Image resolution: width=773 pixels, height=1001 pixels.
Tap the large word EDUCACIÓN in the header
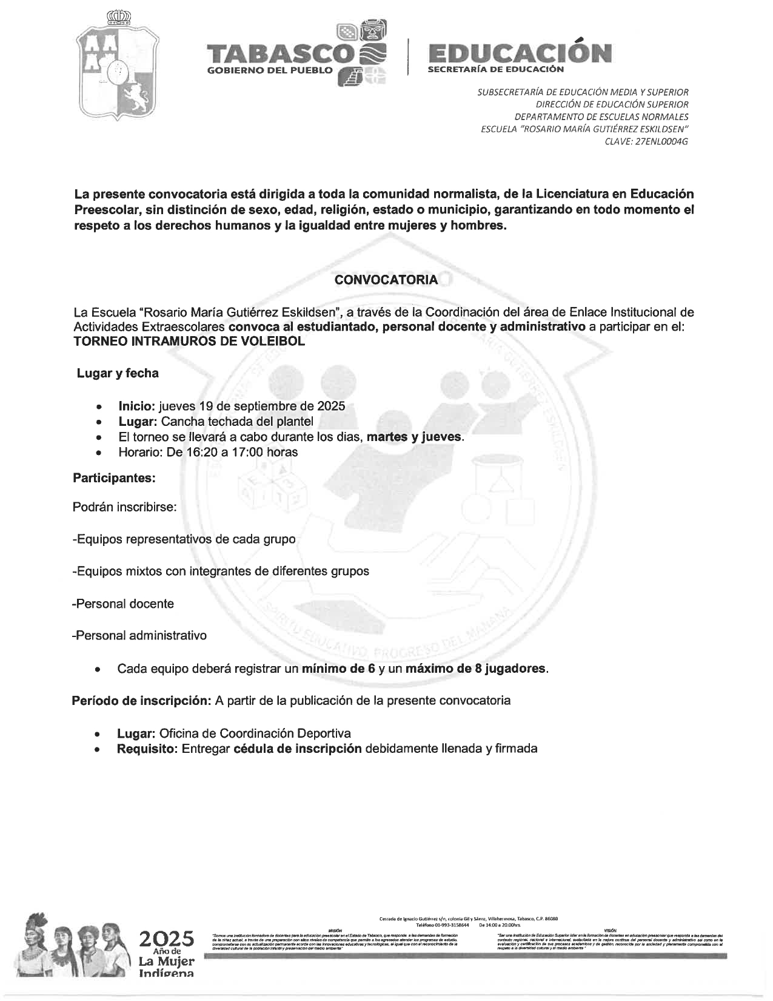(519, 53)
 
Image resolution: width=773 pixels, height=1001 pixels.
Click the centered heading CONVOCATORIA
(386, 280)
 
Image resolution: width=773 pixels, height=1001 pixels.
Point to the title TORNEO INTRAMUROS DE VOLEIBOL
(189, 341)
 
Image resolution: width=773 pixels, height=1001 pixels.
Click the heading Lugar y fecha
(118, 373)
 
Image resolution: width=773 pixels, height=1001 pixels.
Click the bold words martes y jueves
(415, 437)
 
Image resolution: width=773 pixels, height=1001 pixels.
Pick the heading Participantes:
(114, 478)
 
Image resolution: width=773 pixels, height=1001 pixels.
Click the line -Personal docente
(123, 604)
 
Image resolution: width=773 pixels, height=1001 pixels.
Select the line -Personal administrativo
(139, 636)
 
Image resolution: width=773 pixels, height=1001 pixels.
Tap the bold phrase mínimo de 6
(339, 669)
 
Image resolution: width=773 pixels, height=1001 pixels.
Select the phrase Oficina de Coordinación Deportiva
(255, 733)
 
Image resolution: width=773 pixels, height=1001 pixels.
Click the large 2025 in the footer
(166, 939)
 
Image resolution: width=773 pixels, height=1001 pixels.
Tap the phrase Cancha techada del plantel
(237, 422)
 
